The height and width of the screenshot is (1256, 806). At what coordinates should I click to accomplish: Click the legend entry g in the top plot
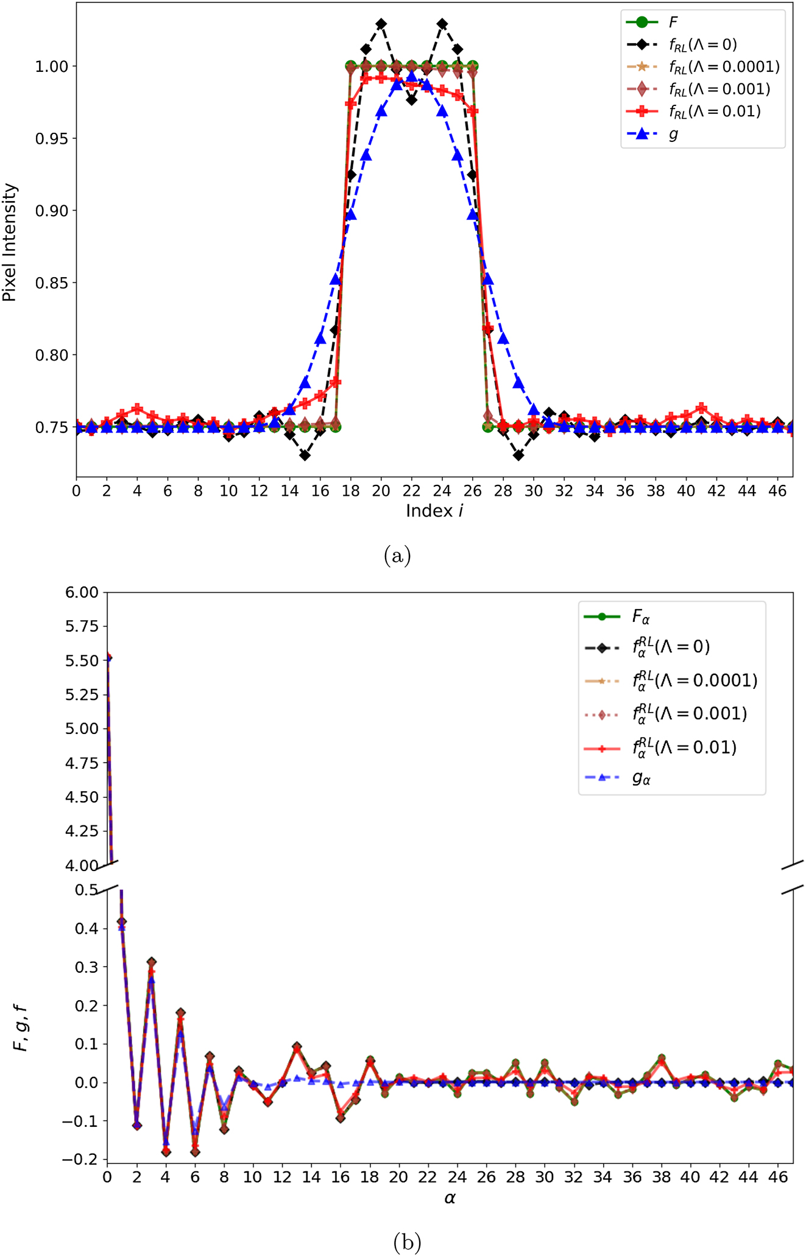pyautogui.click(x=673, y=134)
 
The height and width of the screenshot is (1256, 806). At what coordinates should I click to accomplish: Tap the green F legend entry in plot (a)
pyautogui.click(x=673, y=23)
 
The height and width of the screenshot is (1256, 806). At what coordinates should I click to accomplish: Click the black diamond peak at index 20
pyautogui.click(x=381, y=24)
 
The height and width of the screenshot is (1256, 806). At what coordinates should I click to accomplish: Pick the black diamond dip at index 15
pyautogui.click(x=305, y=455)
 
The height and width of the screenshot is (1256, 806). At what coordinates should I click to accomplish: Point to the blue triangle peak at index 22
pyautogui.click(x=412, y=76)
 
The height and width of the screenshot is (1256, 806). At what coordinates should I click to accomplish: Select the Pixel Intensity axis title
pyautogui.click(x=10, y=242)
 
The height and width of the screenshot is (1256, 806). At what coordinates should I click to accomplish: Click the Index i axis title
pyautogui.click(x=434, y=510)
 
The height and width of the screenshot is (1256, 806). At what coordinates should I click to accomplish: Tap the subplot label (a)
pyautogui.click(x=398, y=556)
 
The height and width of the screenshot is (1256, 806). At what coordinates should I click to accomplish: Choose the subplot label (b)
pyautogui.click(x=407, y=1241)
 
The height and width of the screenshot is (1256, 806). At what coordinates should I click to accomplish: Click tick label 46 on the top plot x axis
pyautogui.click(x=777, y=491)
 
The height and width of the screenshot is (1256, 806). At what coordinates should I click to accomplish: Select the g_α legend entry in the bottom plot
pyautogui.click(x=642, y=778)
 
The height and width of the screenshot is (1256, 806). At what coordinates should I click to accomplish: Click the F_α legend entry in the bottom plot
pyautogui.click(x=641, y=617)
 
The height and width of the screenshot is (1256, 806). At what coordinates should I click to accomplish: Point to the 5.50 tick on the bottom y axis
pyautogui.click(x=82, y=660)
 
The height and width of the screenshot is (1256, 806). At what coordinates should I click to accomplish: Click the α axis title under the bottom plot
pyautogui.click(x=450, y=1198)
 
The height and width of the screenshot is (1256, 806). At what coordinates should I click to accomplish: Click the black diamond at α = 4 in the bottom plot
pyautogui.click(x=166, y=1152)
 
